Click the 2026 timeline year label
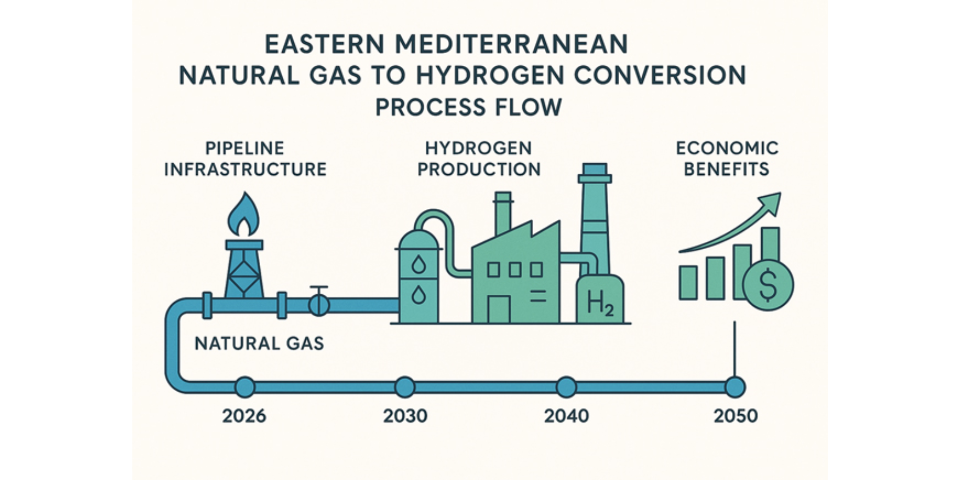(244, 416)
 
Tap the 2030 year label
(405, 416)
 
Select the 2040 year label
(566, 416)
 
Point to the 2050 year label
(735, 416)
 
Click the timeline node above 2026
(244, 387)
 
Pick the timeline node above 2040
(566, 387)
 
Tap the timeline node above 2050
(735, 387)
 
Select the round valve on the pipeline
(319, 304)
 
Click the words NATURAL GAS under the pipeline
(259, 344)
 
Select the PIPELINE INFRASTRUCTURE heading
(245, 159)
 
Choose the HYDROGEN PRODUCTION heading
(479, 159)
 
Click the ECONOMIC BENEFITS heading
(727, 159)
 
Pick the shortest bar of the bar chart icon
(688, 283)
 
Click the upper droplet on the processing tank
(419, 264)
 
